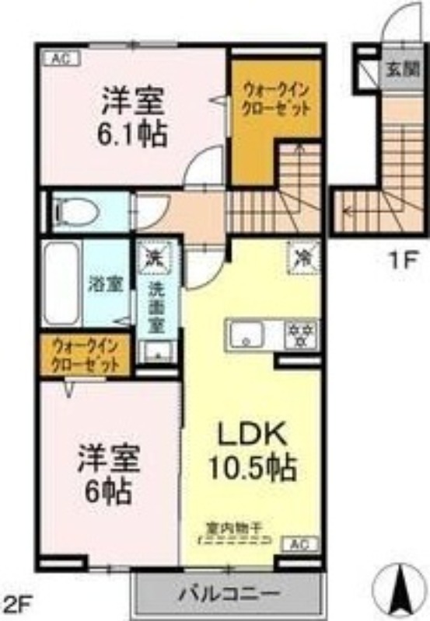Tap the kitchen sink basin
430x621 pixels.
coord(250,335)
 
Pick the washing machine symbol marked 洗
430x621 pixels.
coord(155,256)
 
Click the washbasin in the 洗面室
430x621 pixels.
coord(158,352)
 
